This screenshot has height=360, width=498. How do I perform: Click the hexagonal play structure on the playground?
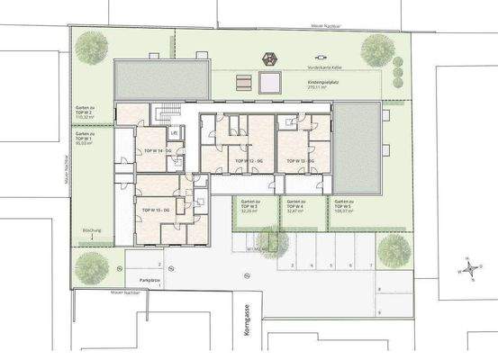point(269,59)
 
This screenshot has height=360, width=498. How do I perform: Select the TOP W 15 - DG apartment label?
point(155,209)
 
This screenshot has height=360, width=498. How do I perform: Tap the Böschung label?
point(92,232)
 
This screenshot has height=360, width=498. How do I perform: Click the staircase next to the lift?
point(163,114)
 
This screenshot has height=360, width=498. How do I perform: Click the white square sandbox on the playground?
point(268,84)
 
